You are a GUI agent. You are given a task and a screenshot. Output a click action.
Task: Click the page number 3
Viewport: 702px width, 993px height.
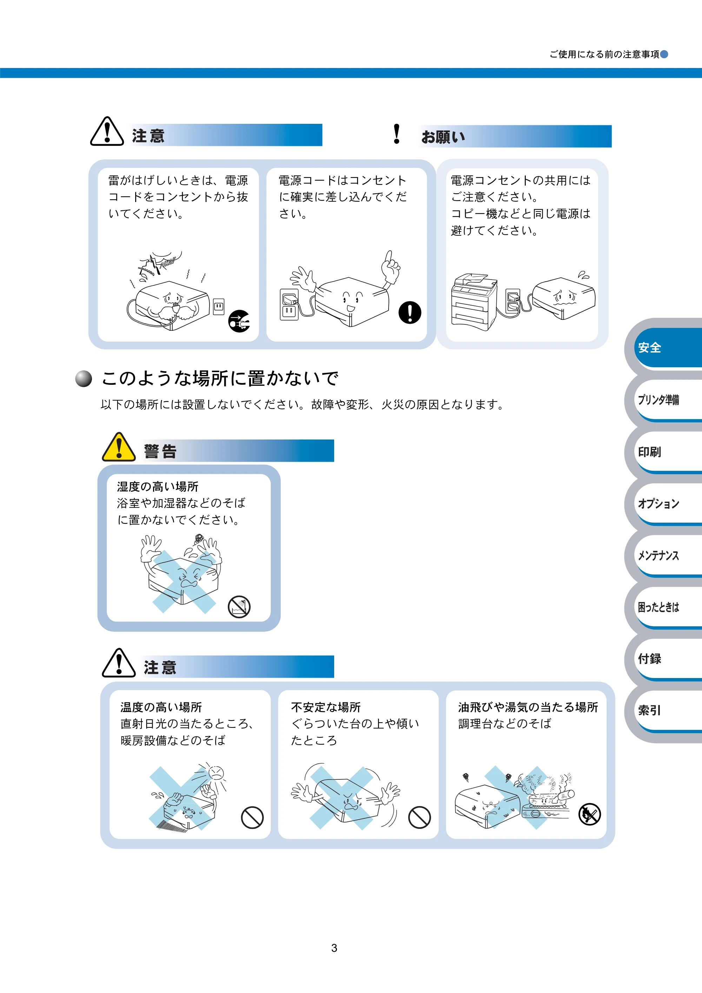click(x=334, y=948)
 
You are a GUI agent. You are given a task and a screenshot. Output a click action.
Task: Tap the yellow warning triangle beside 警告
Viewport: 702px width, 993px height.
click(x=119, y=447)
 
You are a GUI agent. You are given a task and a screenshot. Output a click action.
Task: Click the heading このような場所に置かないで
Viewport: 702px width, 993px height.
click(x=219, y=378)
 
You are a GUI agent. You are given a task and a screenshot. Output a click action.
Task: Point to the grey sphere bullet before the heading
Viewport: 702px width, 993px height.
click(x=84, y=378)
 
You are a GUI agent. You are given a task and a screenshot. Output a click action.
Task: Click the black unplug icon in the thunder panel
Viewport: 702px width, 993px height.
click(x=239, y=321)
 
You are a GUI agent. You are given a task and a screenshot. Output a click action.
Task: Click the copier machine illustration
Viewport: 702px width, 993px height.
click(x=474, y=301)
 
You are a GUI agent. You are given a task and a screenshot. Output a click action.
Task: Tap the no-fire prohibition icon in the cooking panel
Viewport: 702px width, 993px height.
click(x=589, y=814)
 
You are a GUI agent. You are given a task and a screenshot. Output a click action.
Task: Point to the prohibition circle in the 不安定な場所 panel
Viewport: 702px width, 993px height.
click(x=419, y=817)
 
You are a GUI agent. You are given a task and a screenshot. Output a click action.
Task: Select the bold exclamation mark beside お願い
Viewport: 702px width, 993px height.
click(x=396, y=134)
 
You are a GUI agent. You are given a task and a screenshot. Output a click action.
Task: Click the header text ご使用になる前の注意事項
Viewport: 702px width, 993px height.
click(x=604, y=54)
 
